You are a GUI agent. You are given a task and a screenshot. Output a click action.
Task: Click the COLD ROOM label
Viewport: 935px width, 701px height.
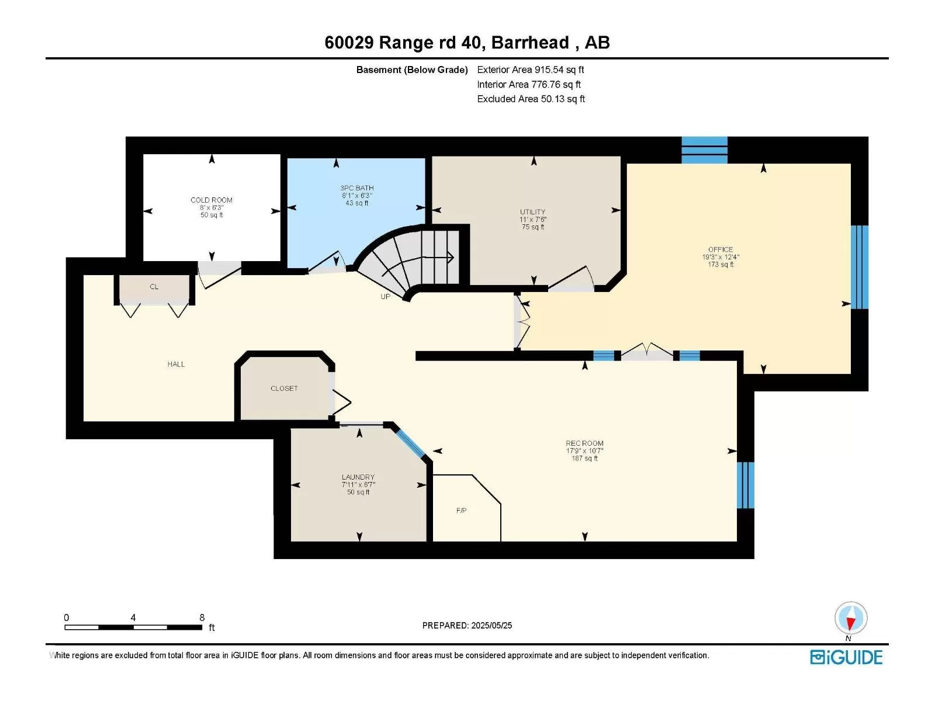point(212,200)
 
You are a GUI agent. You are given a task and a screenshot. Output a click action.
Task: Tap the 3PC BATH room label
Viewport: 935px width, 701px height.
point(357,188)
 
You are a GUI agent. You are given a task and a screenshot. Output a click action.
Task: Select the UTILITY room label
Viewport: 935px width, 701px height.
point(532,211)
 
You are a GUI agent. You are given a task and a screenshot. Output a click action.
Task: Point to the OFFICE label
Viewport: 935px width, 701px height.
point(721,249)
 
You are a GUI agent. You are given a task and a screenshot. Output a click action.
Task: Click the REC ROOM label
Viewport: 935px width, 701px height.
point(584,443)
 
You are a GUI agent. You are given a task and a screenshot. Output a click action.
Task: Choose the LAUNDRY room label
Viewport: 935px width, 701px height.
point(358,477)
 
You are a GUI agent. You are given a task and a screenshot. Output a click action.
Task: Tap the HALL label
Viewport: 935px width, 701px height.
point(176,364)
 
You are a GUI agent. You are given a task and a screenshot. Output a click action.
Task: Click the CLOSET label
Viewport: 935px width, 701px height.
point(284,388)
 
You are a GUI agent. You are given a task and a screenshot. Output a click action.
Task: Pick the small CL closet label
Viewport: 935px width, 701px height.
point(154,287)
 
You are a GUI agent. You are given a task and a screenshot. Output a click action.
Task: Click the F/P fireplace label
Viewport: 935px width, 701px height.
point(461,511)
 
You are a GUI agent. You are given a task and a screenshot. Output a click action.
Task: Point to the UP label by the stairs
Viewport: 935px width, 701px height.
point(385,297)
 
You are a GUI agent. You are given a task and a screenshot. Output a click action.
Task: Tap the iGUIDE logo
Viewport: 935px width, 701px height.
point(846,657)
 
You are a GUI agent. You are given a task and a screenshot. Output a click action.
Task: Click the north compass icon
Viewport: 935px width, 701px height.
point(851,618)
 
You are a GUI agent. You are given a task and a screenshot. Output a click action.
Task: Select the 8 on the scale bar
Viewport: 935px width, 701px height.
point(202,617)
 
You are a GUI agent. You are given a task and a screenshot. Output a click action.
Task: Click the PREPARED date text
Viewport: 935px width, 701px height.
point(467,625)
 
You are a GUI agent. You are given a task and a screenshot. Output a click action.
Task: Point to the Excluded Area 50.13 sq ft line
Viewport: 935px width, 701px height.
point(531,99)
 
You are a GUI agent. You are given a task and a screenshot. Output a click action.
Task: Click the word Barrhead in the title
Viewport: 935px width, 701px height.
point(531,43)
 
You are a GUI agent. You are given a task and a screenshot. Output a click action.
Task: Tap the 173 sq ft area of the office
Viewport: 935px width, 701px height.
point(721,264)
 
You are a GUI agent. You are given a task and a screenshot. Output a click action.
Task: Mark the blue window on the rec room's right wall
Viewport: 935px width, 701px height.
point(746,485)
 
